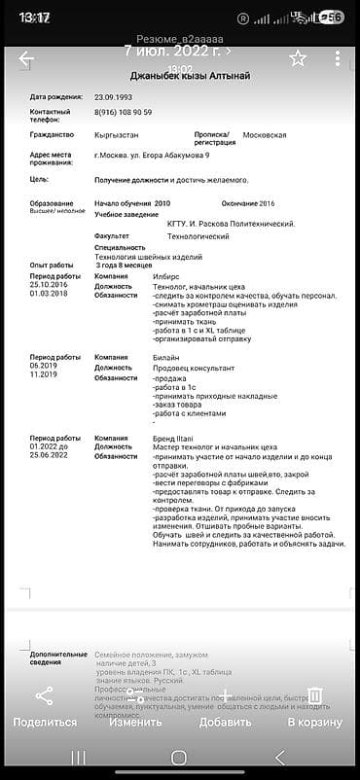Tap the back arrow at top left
[26, 58]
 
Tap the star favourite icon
[298, 58]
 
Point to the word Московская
[264, 134]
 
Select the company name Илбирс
[165, 276]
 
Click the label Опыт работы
[52, 265]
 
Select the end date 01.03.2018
[49, 293]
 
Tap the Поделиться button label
[45, 722]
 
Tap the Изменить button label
[135, 722]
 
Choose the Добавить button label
[225, 722]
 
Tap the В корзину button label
[314, 722]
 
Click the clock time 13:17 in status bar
[34, 18]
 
